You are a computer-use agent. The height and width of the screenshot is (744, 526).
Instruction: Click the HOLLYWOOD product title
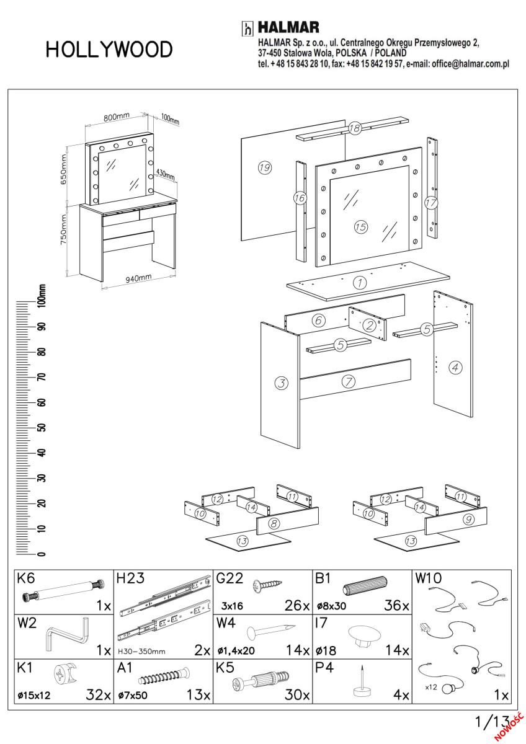[109, 50]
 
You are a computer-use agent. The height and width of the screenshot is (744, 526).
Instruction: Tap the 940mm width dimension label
[138, 278]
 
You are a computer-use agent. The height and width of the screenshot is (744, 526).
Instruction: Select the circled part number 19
[265, 167]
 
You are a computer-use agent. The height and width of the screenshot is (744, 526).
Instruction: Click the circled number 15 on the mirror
[360, 226]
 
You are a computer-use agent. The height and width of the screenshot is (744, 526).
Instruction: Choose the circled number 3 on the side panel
[282, 383]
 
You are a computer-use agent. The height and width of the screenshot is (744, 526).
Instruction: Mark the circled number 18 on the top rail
[354, 128]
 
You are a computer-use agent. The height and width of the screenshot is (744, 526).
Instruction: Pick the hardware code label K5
[225, 668]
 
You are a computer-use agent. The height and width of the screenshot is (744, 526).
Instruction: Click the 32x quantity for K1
[98, 694]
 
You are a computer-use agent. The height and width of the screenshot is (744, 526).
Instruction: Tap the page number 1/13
[491, 721]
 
